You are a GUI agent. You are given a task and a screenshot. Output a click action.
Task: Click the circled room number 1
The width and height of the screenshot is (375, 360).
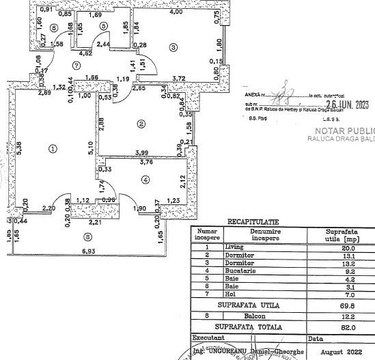[53, 148]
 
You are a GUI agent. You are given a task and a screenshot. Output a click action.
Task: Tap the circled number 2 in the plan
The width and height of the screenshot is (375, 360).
[141, 124]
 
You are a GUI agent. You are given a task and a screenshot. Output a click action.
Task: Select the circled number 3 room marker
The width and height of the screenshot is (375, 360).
[173, 47]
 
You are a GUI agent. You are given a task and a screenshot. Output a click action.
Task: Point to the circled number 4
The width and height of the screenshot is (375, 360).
[145, 180]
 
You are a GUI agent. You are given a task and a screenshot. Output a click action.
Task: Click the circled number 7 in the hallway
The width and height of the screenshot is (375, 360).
[77, 66]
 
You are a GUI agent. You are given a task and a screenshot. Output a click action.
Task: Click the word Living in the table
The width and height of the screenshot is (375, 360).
[234, 248]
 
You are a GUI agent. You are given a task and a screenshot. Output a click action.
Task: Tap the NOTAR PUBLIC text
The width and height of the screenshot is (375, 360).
[344, 129]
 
